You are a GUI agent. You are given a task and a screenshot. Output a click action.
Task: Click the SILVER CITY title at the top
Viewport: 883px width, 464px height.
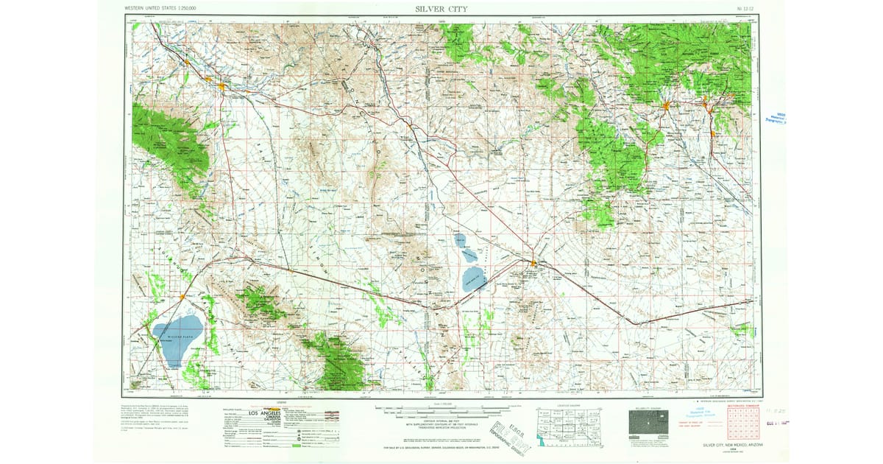(441, 9)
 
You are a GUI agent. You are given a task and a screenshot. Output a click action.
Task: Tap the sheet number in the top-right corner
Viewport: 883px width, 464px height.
(745, 9)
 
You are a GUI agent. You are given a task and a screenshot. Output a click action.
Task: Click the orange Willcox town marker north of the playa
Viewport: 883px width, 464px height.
(182, 297)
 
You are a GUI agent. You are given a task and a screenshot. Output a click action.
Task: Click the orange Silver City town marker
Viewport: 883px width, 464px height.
(666, 108)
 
